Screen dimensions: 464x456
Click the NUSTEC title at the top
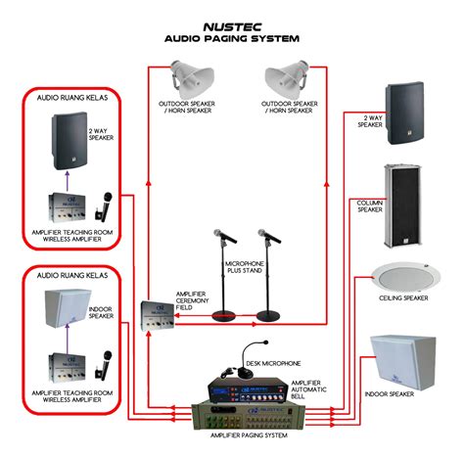[232, 27]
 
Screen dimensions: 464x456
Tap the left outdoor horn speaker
[193, 79]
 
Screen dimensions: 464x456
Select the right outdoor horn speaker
[287, 79]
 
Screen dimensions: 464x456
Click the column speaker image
[402, 205]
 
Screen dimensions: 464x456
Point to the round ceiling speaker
[406, 278]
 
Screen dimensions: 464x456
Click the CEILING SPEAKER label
[403, 298]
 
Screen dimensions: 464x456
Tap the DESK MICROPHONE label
[273, 363]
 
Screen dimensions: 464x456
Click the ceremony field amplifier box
[158, 316]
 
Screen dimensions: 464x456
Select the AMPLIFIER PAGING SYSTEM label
[249, 435]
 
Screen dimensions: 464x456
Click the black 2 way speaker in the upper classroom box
[70, 141]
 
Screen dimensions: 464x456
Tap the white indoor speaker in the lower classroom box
[68, 308]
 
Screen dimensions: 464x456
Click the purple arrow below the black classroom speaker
[68, 181]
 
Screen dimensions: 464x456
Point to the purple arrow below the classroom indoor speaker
[68, 339]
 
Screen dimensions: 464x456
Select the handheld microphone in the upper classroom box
[104, 207]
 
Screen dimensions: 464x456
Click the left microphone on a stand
[224, 276]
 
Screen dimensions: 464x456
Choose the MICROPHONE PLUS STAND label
[245, 267]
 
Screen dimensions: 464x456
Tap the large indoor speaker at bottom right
[403, 362]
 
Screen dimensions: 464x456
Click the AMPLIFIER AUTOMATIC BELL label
[308, 389]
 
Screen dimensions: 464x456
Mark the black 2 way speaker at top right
[404, 114]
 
